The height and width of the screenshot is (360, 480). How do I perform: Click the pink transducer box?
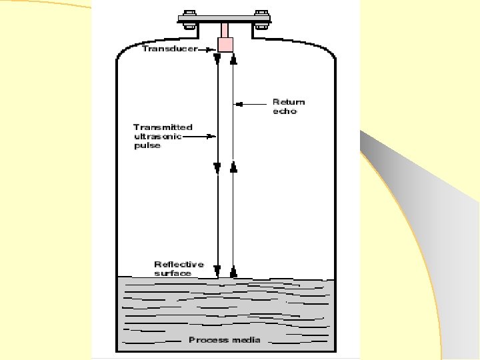(x=225, y=44)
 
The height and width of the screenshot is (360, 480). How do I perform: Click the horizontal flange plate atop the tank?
(x=225, y=20)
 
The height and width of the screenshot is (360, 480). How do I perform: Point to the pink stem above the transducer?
(x=225, y=30)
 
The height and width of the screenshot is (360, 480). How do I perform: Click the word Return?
(x=288, y=102)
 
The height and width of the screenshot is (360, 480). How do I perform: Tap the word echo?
(x=284, y=111)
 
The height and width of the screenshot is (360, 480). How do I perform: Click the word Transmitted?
(x=163, y=127)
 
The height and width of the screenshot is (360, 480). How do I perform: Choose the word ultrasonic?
(x=157, y=136)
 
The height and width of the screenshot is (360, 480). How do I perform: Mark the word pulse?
(x=147, y=145)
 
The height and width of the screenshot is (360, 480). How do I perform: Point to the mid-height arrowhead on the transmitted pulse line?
(x=217, y=167)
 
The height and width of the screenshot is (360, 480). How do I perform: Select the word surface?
(x=173, y=273)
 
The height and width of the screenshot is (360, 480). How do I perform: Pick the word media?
(x=246, y=340)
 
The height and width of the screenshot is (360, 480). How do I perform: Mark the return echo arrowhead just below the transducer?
(x=233, y=59)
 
